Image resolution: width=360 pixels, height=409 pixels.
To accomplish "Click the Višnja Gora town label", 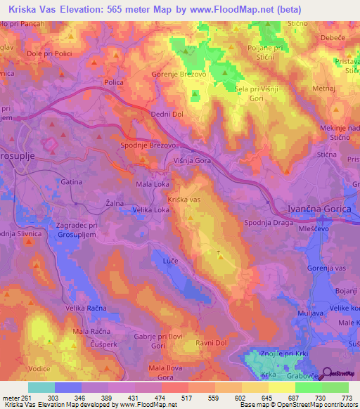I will (193, 160).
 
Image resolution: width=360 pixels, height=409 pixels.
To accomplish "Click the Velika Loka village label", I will (151, 209).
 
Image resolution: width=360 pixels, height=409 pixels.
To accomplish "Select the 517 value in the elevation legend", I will (187, 397).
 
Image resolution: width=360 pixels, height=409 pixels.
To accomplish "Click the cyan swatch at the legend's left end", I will (41, 387).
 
